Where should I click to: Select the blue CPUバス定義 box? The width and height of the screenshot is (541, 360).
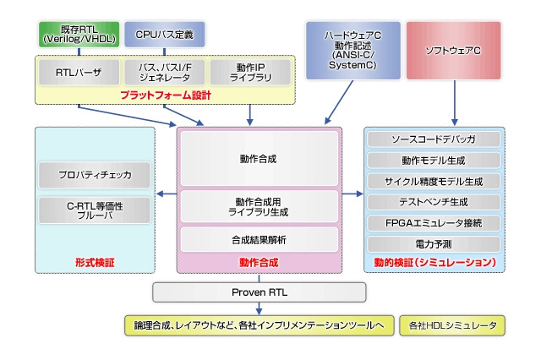[x=164, y=35]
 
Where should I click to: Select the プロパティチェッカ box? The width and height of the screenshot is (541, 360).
[x=96, y=175]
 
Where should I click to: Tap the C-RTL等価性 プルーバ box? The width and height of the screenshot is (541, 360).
[x=96, y=210]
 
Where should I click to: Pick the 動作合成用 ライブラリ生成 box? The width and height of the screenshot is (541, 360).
[x=259, y=206]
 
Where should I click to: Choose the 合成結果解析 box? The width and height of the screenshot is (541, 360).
[x=259, y=240]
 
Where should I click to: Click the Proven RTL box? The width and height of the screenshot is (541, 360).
[x=259, y=292]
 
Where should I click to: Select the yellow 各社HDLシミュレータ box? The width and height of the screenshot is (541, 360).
[x=451, y=325]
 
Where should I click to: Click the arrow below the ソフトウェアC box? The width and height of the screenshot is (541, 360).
[x=454, y=101]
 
